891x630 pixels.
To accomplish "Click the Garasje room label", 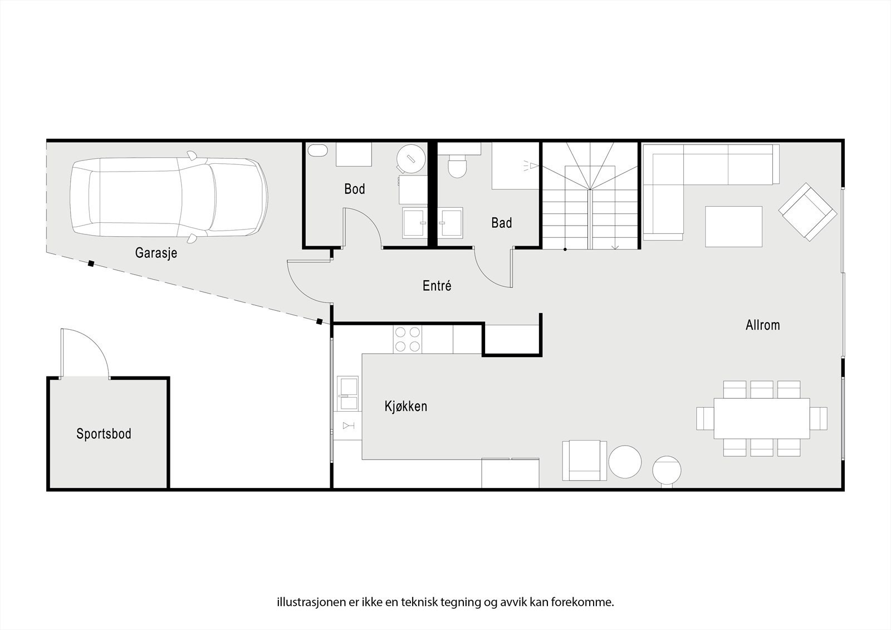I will click(x=156, y=253).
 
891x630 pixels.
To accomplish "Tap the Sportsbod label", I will click(x=104, y=434).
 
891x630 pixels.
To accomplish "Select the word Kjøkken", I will click(x=405, y=406).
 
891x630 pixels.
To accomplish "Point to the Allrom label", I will click(x=762, y=325).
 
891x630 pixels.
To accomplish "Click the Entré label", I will click(x=437, y=286).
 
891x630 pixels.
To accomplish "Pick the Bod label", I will click(x=354, y=189).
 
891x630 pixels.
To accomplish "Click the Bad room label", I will click(x=501, y=223).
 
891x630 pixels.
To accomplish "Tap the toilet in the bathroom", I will click(x=457, y=166).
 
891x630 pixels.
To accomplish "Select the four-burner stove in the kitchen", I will click(x=407, y=339).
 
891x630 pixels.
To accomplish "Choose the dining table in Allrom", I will click(x=762, y=418).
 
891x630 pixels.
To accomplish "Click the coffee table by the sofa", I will click(x=733, y=226).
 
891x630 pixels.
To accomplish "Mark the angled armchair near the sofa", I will click(x=807, y=212).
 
